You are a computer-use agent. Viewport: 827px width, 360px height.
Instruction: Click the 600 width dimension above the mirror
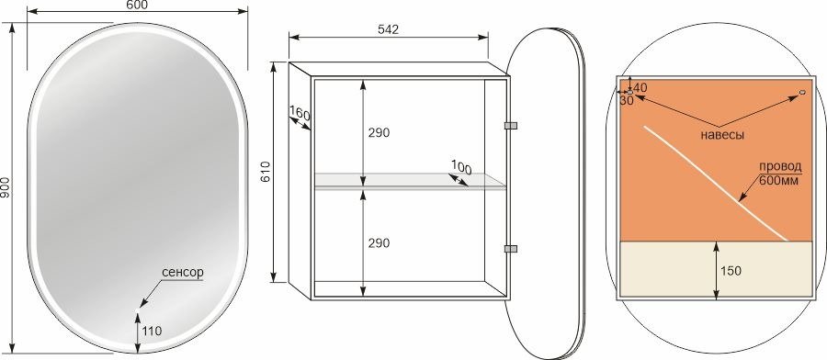click(137, 5)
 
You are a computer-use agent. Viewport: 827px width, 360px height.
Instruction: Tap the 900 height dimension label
click(5, 188)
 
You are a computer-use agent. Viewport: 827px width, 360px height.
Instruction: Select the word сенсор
click(183, 273)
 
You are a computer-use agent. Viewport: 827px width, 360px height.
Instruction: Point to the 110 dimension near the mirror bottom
click(152, 331)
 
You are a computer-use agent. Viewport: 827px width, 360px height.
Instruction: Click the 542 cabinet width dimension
click(388, 29)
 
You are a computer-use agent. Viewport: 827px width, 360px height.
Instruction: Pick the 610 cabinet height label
click(266, 172)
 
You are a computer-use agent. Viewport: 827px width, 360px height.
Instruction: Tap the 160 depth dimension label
click(300, 113)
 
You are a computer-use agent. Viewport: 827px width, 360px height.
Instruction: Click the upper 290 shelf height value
click(379, 133)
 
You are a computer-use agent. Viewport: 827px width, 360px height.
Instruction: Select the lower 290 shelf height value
click(379, 243)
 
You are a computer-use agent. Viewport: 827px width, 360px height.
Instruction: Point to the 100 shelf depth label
click(461, 168)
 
